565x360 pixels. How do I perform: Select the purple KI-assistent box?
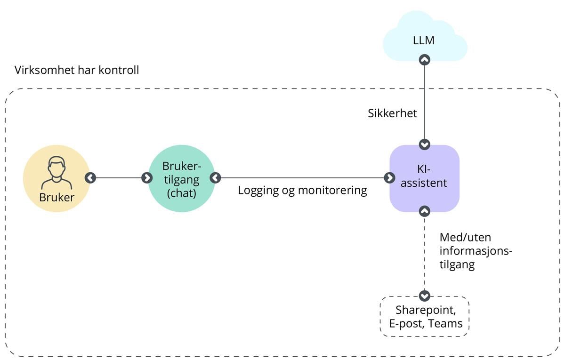[425, 178]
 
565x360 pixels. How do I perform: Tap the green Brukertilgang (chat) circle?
[181, 178]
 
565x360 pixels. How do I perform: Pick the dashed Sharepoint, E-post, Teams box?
[425, 316]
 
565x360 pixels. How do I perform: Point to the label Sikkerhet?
[392, 113]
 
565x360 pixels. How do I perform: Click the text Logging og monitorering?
[302, 191]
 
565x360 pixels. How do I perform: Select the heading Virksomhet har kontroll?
[77, 71]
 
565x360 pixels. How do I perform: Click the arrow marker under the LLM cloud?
[425, 60]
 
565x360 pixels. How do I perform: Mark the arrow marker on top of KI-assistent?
[425, 144]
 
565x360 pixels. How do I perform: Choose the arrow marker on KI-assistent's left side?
[389, 178]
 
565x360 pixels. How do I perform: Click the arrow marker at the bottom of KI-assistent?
[425, 211]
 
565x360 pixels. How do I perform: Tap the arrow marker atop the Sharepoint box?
[425, 296]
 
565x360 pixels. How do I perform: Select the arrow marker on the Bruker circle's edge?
[90, 178]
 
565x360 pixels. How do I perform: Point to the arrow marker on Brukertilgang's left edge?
[147, 178]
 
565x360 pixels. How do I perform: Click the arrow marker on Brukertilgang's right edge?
[215, 178]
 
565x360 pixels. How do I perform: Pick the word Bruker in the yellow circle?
[56, 197]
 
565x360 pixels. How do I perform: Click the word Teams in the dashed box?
[446, 324]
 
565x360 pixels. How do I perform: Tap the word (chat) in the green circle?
[181, 192]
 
